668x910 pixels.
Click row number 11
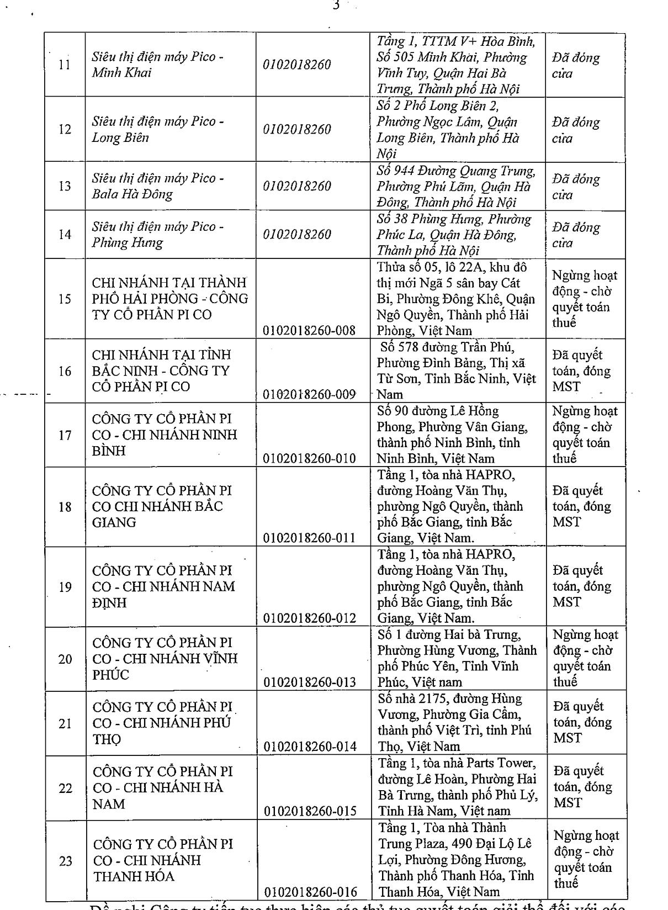(x=65, y=65)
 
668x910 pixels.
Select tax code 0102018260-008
(x=309, y=330)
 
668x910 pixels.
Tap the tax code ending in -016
(x=311, y=892)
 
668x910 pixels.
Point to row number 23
(x=66, y=860)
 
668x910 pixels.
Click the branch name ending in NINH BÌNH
(x=165, y=435)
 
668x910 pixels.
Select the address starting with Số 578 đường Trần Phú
(x=456, y=371)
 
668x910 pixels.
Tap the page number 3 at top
(x=336, y=6)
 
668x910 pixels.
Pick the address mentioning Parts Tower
(x=457, y=787)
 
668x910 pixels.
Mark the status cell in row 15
(x=585, y=299)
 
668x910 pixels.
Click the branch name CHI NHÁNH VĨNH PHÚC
(x=165, y=658)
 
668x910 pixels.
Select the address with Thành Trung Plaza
(x=456, y=860)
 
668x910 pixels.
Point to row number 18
(x=65, y=506)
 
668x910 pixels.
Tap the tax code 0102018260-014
(x=310, y=746)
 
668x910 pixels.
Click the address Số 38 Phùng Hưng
(x=454, y=235)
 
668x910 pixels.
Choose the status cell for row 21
(x=583, y=722)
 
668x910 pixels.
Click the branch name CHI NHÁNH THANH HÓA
(x=163, y=860)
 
